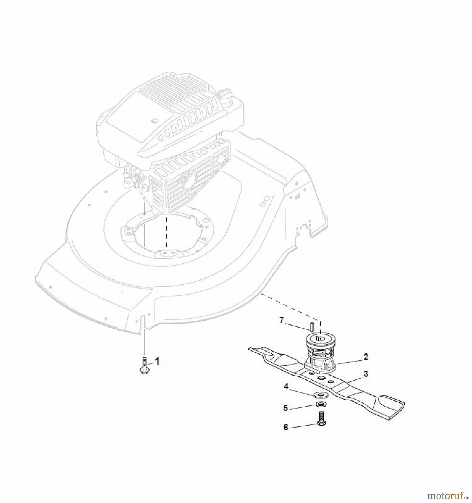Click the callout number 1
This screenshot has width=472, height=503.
tap(157, 362)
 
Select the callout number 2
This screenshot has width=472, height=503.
tap(366, 357)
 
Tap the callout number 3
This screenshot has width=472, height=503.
tap(366, 374)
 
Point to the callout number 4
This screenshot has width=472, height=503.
tap(286, 386)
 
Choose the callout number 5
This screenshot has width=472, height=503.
tap(285, 408)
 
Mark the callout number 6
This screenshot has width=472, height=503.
tap(286, 435)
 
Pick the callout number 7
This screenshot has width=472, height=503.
tap(281, 321)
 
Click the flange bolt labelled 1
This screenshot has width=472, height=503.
tap(144, 366)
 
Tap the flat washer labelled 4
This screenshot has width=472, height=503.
tap(320, 395)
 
